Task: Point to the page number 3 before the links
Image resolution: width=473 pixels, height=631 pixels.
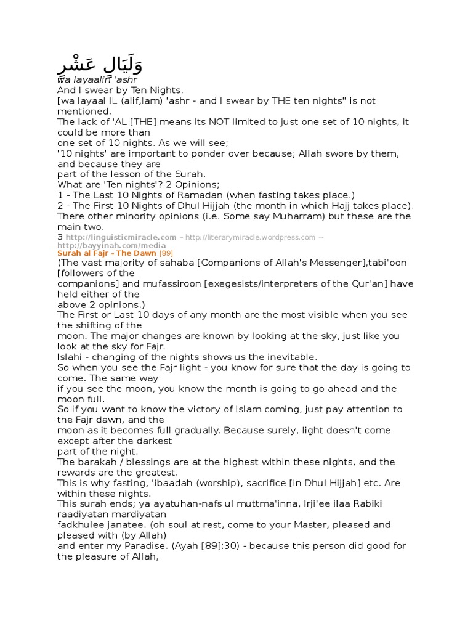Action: (60, 237)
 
